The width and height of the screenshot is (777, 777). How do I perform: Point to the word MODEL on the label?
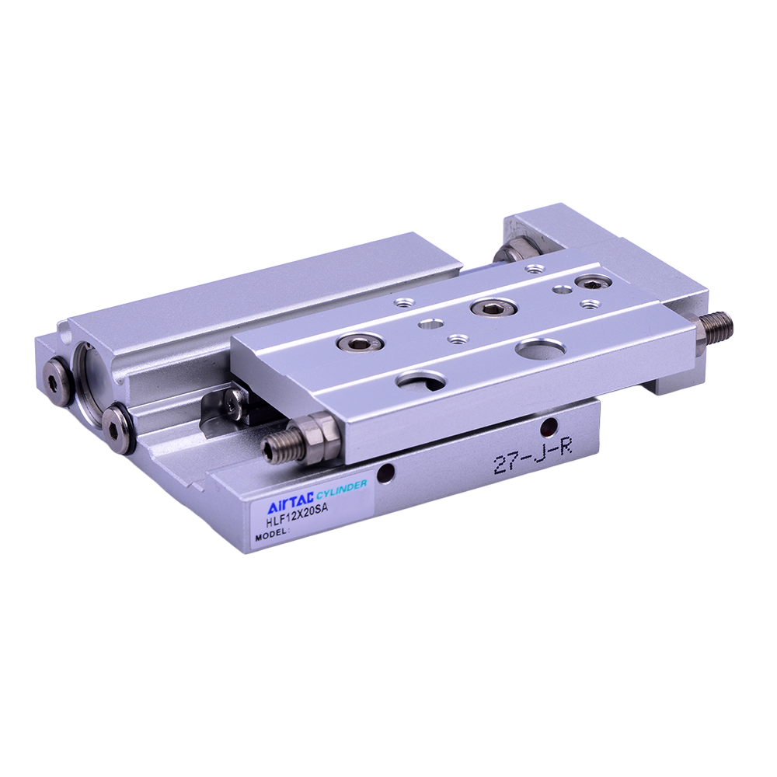(x=271, y=535)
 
